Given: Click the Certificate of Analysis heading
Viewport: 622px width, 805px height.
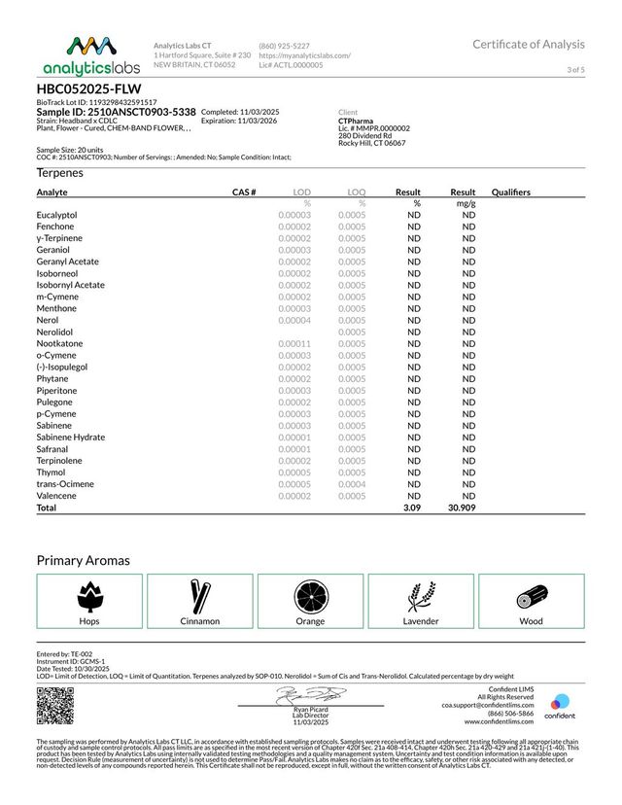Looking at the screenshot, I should pos(529,44).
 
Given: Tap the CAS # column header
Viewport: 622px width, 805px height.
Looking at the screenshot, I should pos(244,192).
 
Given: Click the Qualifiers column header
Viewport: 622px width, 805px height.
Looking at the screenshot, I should pos(511,192).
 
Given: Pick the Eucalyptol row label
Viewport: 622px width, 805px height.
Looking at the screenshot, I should pos(57,214).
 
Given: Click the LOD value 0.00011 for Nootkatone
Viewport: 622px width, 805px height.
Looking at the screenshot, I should pos(294,343).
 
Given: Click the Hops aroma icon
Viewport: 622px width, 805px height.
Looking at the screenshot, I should pos(89,595).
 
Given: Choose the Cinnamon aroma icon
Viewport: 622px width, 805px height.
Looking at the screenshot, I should pos(200,595).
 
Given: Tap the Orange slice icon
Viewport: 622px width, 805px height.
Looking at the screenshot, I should pos(310,595).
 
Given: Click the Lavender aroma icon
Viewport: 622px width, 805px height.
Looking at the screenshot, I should pos(421,595).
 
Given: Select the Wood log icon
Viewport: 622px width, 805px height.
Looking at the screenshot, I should pos(531,595).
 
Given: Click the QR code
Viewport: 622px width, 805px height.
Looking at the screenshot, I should pos(55,705).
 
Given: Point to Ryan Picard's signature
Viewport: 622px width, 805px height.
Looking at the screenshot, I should pos(310,694).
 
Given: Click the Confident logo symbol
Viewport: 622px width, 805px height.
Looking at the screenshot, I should pos(559,702).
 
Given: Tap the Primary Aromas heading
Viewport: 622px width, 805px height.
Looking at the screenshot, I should pos(84,560).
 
